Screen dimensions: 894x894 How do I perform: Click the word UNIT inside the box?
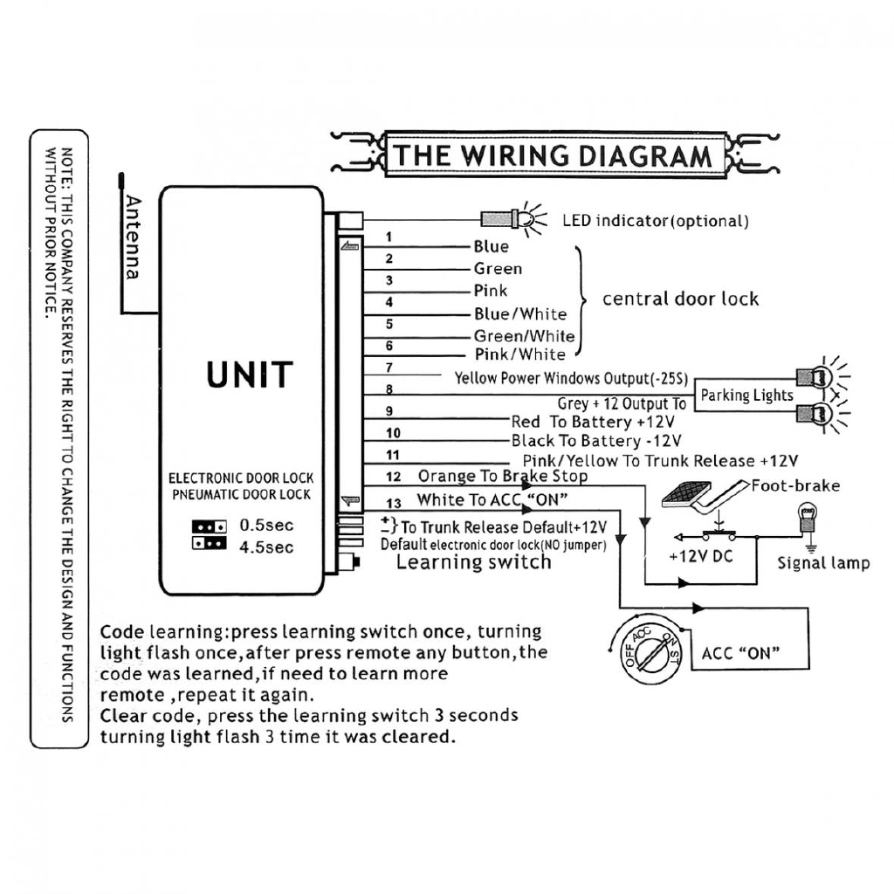point(250,375)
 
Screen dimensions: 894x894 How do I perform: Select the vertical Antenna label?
point(133,237)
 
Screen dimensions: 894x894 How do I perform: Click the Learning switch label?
point(473,562)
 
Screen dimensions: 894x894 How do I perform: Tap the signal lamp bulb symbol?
point(808,517)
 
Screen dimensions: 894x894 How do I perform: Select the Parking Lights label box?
point(746,395)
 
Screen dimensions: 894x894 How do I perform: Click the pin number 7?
point(389,368)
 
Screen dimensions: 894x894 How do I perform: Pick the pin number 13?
point(394,504)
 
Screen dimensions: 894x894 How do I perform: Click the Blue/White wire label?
point(520,314)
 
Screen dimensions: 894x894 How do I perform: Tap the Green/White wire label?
point(524,336)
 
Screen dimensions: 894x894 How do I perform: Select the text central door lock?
point(680,299)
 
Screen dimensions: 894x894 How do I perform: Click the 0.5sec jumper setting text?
point(266,525)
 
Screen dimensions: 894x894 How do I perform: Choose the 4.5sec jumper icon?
point(210,543)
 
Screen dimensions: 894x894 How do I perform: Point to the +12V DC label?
point(701,556)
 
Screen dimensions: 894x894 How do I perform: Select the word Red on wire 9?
point(525,422)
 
